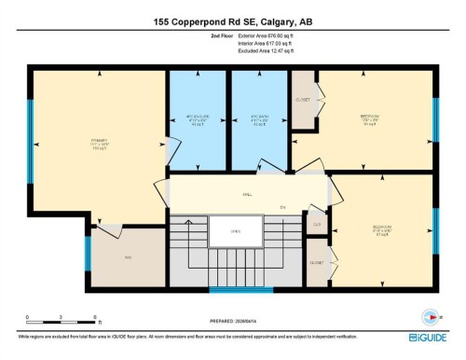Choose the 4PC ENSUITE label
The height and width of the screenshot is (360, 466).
click(198, 118)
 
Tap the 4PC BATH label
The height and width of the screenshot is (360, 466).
click(260, 118)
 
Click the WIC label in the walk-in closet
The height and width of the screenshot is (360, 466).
click(129, 256)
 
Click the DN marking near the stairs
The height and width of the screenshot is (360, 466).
click(281, 206)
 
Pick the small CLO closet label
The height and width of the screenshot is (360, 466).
click(317, 224)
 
